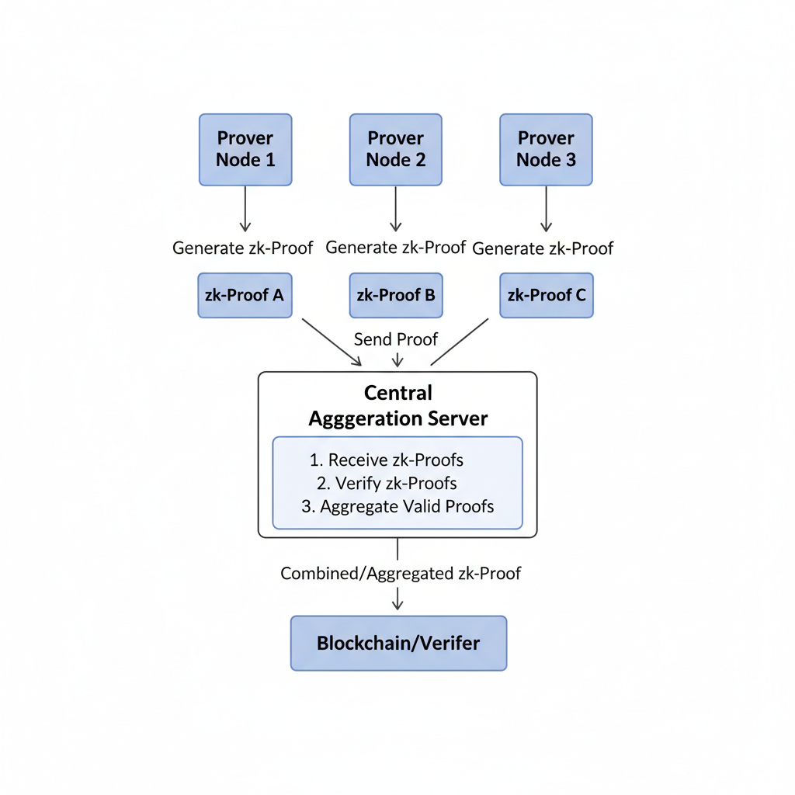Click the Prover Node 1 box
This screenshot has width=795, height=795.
245,150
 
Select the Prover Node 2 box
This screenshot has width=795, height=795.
396,150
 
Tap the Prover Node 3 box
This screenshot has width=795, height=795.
546,150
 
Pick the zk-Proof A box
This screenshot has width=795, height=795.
245,295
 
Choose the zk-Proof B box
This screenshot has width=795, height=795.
396,295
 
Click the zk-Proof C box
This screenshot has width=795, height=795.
546,295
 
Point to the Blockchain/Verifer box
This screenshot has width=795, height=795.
398,643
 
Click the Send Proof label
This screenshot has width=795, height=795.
396,339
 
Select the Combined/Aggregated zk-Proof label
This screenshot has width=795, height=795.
401,574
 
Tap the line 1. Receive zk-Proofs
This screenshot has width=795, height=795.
386,460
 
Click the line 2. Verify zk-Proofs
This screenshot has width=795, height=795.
387,483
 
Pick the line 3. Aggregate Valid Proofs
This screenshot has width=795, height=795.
397,506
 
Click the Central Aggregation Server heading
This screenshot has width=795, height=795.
397,406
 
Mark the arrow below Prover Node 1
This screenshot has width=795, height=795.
245,209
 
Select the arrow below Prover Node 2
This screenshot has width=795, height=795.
396,209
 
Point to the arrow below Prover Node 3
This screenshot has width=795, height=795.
546,209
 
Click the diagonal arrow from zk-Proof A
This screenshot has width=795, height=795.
332,342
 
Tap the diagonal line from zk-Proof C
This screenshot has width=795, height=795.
460,342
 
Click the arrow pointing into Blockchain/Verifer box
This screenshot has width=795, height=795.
397,599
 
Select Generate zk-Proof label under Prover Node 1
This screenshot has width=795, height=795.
242,248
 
